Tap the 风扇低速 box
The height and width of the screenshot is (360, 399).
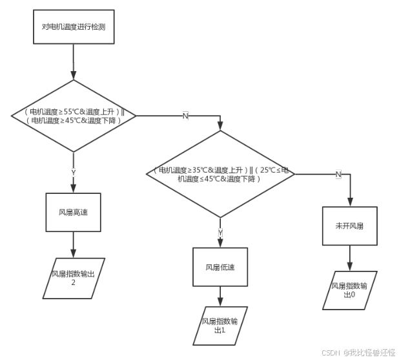[x=220, y=266]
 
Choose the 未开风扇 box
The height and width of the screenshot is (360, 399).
[x=349, y=226]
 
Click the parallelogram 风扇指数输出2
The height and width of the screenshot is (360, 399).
[x=74, y=278]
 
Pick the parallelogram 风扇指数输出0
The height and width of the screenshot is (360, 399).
[x=349, y=289]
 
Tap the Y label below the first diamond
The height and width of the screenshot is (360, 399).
[x=74, y=173]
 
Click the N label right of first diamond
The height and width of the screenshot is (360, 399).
[x=185, y=116]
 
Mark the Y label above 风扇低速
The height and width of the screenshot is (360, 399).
[x=220, y=231]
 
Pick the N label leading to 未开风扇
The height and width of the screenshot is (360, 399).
[x=338, y=175]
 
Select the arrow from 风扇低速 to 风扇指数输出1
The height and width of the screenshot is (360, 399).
[x=220, y=296]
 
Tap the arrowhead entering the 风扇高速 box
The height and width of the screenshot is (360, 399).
[x=74, y=189]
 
